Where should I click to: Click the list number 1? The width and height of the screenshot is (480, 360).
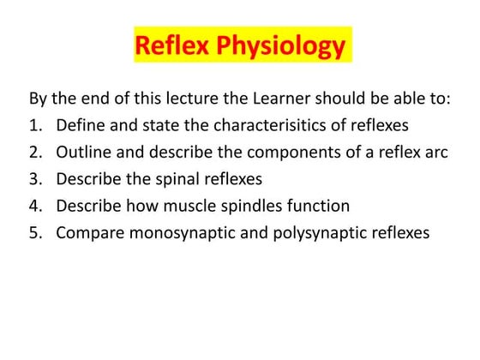(35, 125)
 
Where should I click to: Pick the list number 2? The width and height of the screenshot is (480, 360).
(35, 153)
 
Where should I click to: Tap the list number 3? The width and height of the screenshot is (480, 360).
(35, 179)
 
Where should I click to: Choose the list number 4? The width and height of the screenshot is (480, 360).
(35, 206)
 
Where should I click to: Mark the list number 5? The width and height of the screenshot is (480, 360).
(35, 233)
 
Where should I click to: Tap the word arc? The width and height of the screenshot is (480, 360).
(435, 153)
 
